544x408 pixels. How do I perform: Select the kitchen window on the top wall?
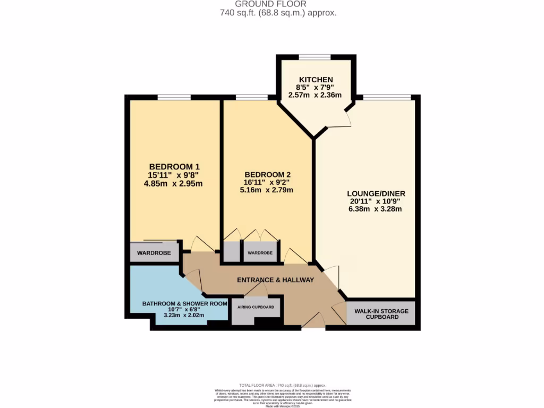pos(315,57)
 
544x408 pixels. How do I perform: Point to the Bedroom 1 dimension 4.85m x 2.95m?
pos(174,184)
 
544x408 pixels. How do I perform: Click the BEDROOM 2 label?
pos(267,174)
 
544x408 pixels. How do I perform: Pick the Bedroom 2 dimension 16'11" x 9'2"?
pos(267,182)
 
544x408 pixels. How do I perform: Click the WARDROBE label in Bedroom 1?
pos(154,253)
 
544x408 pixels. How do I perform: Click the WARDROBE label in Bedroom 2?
pos(260,253)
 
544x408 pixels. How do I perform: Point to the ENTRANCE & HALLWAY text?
pos(275,280)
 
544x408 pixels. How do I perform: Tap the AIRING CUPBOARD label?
pos(257,307)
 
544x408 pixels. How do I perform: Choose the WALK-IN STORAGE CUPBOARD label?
pos(381,314)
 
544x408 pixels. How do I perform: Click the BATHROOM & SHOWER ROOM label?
pos(184,304)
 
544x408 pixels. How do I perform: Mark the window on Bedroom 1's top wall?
pos(174,98)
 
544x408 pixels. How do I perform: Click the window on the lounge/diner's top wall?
pos(386,98)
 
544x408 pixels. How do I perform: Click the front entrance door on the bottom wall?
pos(313,322)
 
